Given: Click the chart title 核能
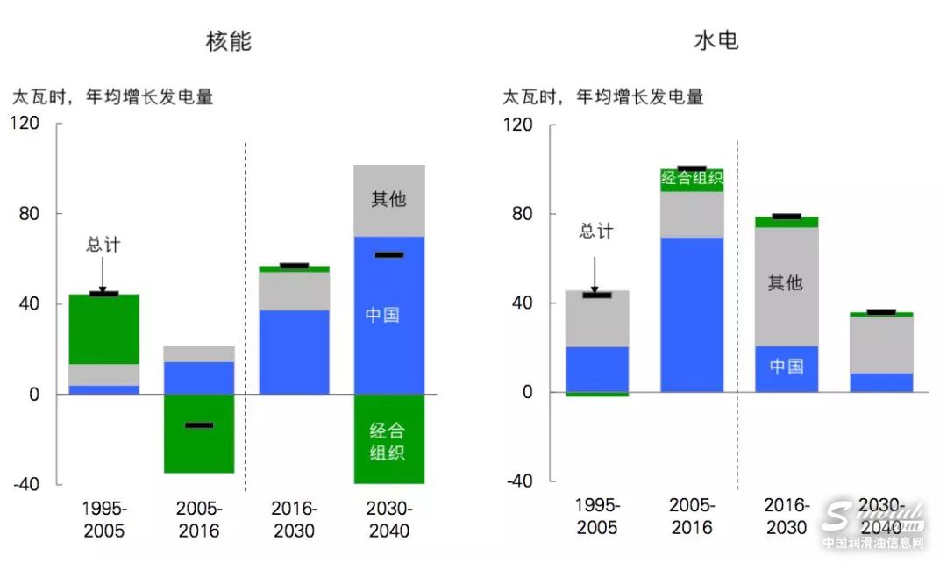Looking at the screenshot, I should coord(229,40).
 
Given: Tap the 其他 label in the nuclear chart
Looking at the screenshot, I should coord(388,199).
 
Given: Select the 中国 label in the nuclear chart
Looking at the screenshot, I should coord(382,315).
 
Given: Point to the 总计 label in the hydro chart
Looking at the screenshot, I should coord(596,232).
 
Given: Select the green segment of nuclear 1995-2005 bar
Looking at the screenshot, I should coord(103,329).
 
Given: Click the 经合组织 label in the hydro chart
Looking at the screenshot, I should coord(692,179).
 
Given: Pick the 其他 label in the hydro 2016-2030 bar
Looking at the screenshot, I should coord(786,283).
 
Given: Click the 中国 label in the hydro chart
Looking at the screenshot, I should coord(787,366).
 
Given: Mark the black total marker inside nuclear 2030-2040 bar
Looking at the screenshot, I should coord(388,255).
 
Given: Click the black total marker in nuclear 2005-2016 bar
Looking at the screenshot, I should coord(198,425).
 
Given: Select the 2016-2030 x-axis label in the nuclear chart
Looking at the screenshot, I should coord(294,519).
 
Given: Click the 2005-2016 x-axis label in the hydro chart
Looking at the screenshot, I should coord(692,517).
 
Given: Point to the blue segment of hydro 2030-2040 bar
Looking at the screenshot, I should coord(880,382).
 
